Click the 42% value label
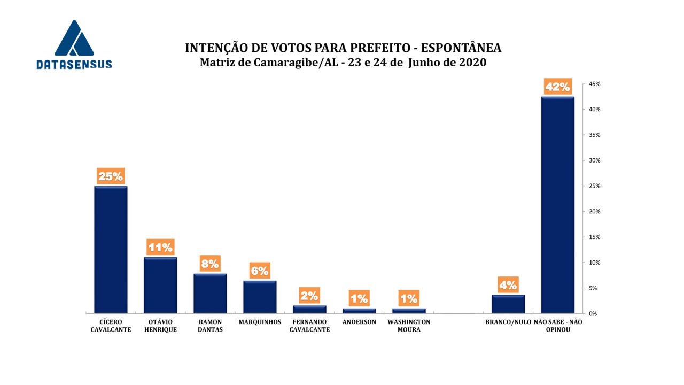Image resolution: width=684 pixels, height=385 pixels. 557,87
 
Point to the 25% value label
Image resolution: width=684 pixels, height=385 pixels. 111,176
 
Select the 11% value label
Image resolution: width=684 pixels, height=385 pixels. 160,247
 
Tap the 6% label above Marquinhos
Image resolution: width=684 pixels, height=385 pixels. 260,271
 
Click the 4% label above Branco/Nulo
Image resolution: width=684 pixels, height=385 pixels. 508,285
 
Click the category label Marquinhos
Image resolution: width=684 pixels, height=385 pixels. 260,322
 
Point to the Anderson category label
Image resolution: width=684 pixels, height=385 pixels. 359,322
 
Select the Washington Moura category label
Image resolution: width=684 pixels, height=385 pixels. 409,326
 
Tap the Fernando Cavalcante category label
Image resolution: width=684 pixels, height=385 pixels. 309,326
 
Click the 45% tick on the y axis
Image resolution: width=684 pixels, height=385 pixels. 595,84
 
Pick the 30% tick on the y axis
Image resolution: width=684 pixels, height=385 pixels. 595,161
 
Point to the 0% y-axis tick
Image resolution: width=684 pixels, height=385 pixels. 593,314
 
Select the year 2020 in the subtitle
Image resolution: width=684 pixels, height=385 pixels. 472,63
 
